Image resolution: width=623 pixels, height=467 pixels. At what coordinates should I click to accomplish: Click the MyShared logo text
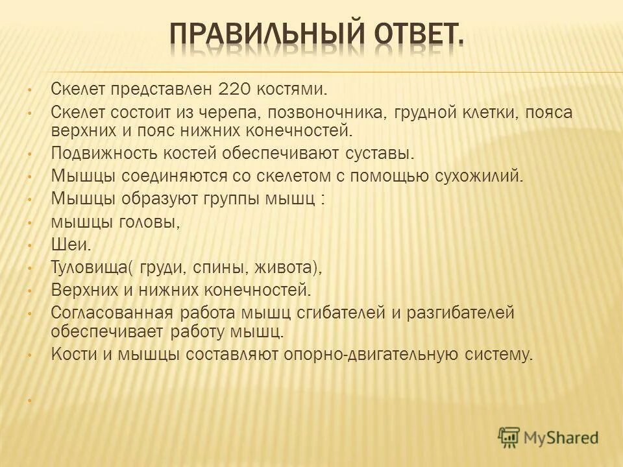coord(562,437)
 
